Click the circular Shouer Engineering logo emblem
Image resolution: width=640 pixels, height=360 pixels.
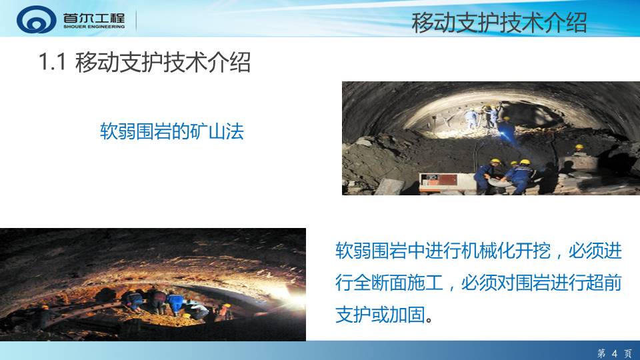click(x=36, y=19)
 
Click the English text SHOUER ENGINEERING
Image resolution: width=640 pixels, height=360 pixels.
click(x=94, y=27)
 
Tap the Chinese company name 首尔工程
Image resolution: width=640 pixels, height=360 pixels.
click(x=94, y=18)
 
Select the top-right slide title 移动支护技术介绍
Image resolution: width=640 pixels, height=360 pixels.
click(x=499, y=23)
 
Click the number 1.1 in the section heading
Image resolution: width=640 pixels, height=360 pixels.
click(x=52, y=62)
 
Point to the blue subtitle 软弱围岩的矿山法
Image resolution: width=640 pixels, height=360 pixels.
click(x=172, y=131)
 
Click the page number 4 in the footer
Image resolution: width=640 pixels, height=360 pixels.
click(x=615, y=353)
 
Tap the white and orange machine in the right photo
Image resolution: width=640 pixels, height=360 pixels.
click(x=447, y=183)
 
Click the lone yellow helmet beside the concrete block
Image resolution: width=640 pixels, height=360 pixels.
click(x=579, y=147)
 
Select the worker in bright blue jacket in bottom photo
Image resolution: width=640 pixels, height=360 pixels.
click(x=176, y=302)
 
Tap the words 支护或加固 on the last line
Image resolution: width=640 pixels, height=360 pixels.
click(x=380, y=315)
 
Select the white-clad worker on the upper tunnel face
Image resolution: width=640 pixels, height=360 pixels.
click(x=471, y=118)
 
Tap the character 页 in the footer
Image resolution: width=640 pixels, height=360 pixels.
click(x=628, y=353)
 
